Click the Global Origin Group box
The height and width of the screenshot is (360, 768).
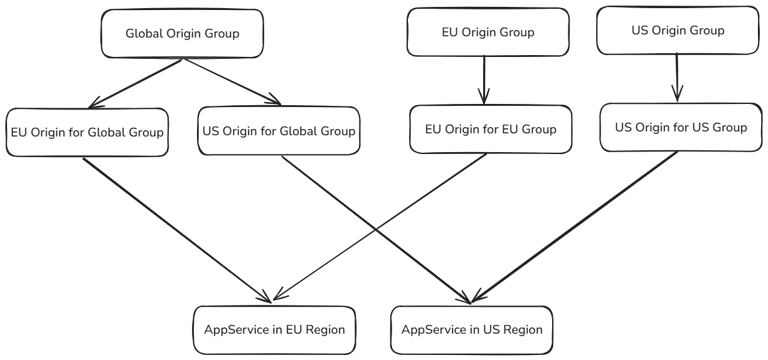tap(181, 33)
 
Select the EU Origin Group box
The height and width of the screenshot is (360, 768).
tap(487, 32)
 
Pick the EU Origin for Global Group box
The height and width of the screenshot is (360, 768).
tap(86, 132)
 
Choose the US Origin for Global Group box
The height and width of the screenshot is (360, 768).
tap(279, 131)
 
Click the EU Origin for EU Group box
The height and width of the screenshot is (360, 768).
tap(491, 130)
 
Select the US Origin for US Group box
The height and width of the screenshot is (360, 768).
tap(680, 127)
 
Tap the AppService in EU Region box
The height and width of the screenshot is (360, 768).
tap(272, 328)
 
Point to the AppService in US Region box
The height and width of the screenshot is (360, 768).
tap(469, 328)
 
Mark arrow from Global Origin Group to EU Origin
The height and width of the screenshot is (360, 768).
tap(135, 82)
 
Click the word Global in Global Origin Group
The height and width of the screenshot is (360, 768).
tap(143, 33)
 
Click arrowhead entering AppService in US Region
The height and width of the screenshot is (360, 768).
tap(468, 298)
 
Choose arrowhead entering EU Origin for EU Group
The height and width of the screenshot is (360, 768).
tap(484, 99)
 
